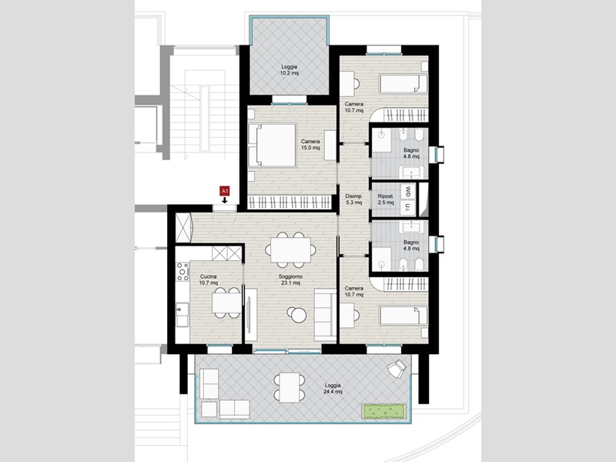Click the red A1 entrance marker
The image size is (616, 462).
[224, 191]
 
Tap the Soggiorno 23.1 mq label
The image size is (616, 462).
[291, 280]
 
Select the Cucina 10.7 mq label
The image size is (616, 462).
[208, 280]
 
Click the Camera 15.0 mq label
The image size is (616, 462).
[310, 145]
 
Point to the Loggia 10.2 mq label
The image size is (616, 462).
[290, 70]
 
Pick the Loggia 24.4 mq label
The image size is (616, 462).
[333, 389]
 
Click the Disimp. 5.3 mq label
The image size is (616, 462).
[353, 199]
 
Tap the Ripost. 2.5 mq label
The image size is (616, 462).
[386, 199]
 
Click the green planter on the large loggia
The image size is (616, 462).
[384, 411]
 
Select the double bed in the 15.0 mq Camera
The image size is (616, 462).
[273, 145]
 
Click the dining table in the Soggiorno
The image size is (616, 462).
[291, 249]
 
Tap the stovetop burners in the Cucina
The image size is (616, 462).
[182, 272]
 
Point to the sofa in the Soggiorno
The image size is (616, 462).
[325, 315]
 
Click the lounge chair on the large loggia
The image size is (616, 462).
[397, 368]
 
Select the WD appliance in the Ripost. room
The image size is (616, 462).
[408, 192]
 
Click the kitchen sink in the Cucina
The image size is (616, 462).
[182, 315]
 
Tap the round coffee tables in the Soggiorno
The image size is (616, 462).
[296, 314]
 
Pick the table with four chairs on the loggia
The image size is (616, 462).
[290, 387]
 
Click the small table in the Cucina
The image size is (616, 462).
[226, 303]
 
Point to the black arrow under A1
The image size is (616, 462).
[224, 200]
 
